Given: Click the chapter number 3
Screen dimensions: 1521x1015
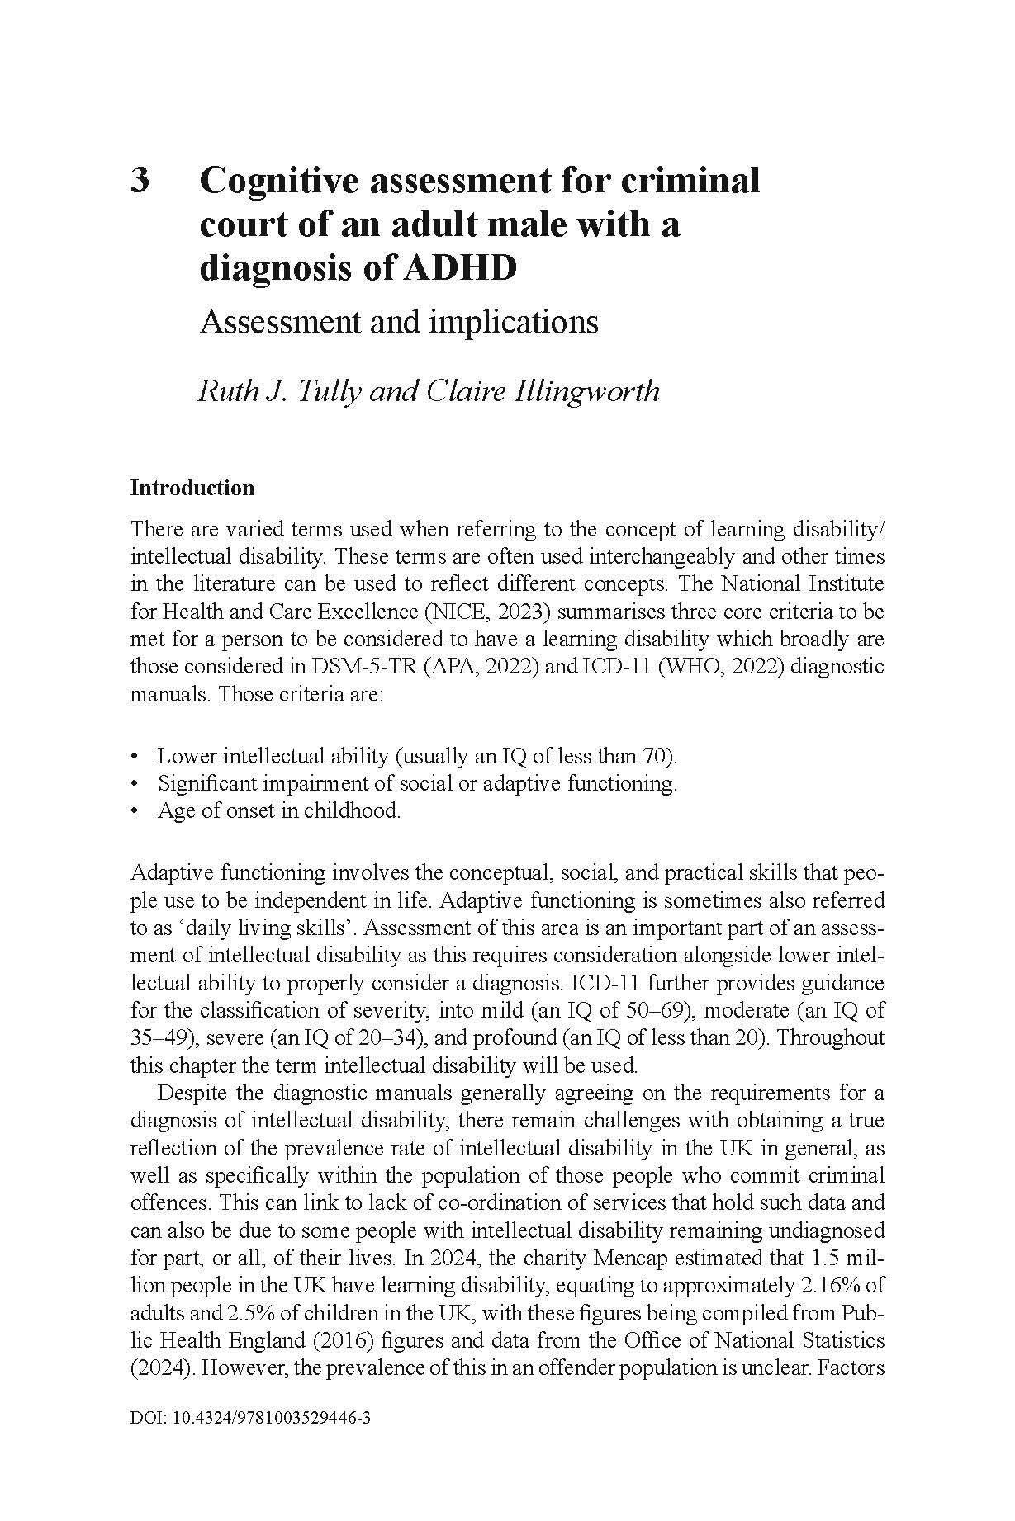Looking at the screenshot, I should tap(140, 180).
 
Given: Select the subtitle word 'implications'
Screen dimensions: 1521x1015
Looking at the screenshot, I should tap(516, 321).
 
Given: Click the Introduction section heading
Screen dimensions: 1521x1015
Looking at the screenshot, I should tap(192, 488).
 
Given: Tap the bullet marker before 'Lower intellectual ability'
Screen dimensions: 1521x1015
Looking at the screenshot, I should tap(135, 756).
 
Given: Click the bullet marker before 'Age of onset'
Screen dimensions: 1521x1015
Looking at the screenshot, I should tap(135, 811).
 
